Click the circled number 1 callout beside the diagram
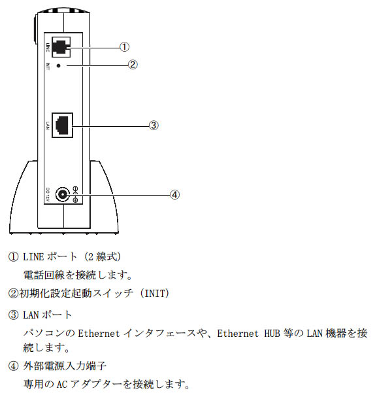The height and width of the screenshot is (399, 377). (124, 47)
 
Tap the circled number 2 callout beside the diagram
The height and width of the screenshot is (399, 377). (133, 65)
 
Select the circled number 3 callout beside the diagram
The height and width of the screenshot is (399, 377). (154, 125)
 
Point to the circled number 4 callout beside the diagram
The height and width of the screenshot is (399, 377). (174, 195)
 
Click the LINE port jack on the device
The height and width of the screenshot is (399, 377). (61, 47)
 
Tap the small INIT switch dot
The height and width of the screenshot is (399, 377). (58, 65)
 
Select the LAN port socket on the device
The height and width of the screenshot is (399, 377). (62, 125)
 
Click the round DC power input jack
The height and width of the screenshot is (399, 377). (63, 195)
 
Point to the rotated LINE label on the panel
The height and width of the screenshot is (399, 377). (48, 47)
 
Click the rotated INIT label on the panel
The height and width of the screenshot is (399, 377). (48, 66)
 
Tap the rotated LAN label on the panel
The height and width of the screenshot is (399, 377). (48, 125)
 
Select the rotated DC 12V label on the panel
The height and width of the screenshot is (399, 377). (48, 195)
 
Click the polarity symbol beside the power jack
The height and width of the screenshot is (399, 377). (75, 195)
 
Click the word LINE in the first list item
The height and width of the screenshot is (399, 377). (33, 257)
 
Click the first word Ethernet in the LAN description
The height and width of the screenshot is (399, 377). (99, 334)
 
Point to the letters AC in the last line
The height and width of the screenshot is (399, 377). (61, 384)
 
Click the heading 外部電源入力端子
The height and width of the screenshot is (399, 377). (65, 366)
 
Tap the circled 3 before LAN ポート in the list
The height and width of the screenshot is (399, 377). (13, 315)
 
